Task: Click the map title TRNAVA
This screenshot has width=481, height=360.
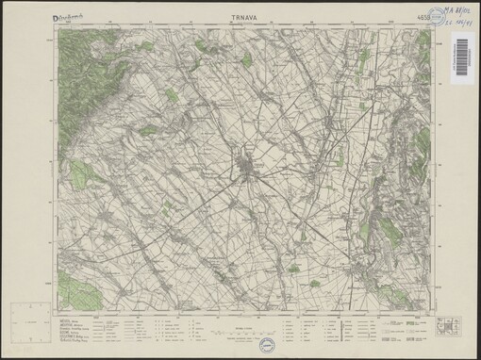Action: click(246, 16)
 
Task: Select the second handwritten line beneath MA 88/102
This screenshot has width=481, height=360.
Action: click(457, 23)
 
